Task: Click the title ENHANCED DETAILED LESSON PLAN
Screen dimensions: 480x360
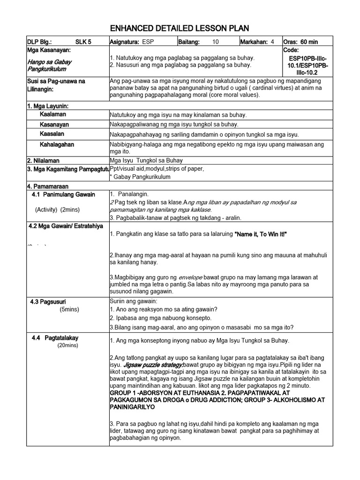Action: click(180, 28)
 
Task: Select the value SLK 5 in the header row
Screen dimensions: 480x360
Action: click(84, 42)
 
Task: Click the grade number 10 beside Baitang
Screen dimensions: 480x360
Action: click(215, 42)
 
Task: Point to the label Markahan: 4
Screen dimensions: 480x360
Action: click(257, 42)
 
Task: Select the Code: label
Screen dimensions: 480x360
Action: click(292, 50)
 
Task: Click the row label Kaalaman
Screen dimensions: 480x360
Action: click(53, 114)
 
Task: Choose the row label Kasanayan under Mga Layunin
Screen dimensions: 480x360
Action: click(54, 125)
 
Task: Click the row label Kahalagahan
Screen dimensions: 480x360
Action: click(57, 144)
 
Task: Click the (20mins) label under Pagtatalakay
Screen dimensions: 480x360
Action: click(68, 345)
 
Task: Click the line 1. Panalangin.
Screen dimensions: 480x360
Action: click(129, 194)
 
